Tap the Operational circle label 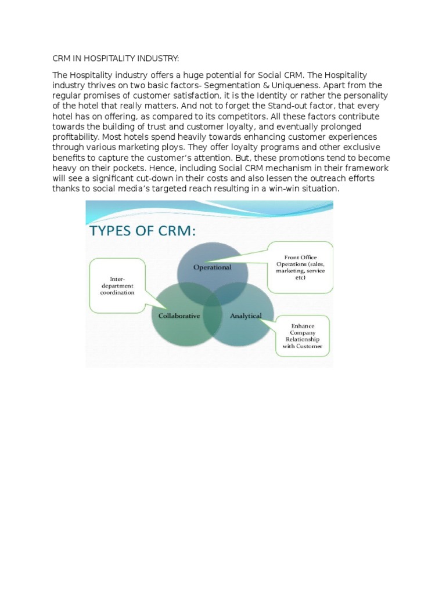pyautogui.click(x=212, y=267)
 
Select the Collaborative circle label pyautogui.click(x=179, y=316)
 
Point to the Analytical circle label pyautogui.click(x=246, y=316)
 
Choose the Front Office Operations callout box pyautogui.click(x=300, y=267)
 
